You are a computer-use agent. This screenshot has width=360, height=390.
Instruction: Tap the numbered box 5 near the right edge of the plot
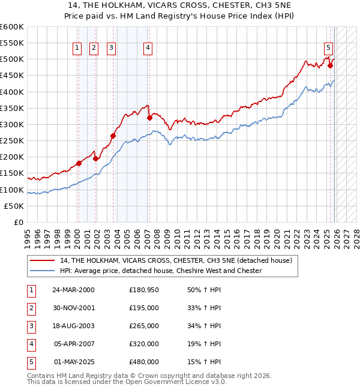328,49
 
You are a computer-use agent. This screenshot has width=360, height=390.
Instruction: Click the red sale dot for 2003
113,136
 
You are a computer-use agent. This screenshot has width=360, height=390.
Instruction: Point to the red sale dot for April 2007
149,118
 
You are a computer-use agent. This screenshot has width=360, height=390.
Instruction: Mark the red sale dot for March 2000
79,163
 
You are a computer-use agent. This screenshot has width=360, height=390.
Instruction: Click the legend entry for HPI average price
161,271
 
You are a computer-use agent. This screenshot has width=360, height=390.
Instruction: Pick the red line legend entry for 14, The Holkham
176,260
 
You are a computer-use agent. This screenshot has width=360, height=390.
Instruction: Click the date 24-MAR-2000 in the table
73,290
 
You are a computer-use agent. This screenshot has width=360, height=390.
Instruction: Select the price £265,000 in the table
144,326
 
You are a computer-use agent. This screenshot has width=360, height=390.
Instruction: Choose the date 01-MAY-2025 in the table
73,362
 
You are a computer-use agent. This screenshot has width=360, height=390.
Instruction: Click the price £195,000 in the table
144,308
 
